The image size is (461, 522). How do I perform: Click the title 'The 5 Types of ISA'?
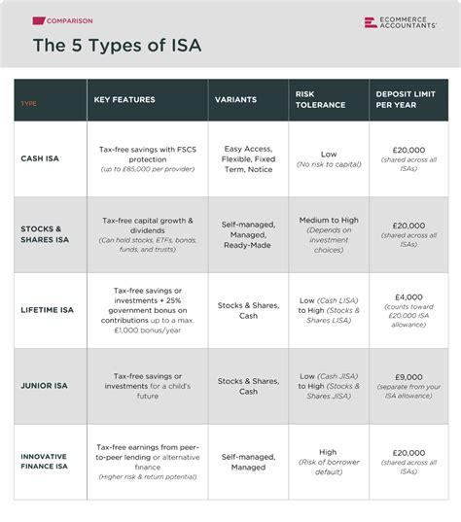[x=117, y=45]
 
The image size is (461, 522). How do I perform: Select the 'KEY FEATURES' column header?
[x=124, y=99]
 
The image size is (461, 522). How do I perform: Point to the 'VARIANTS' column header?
[x=236, y=99]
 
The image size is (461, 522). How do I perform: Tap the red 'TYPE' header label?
[x=28, y=100]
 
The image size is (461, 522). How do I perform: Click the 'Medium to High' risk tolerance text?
[x=329, y=221]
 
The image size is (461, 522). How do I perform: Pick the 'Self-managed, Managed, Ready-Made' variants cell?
[x=248, y=234]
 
